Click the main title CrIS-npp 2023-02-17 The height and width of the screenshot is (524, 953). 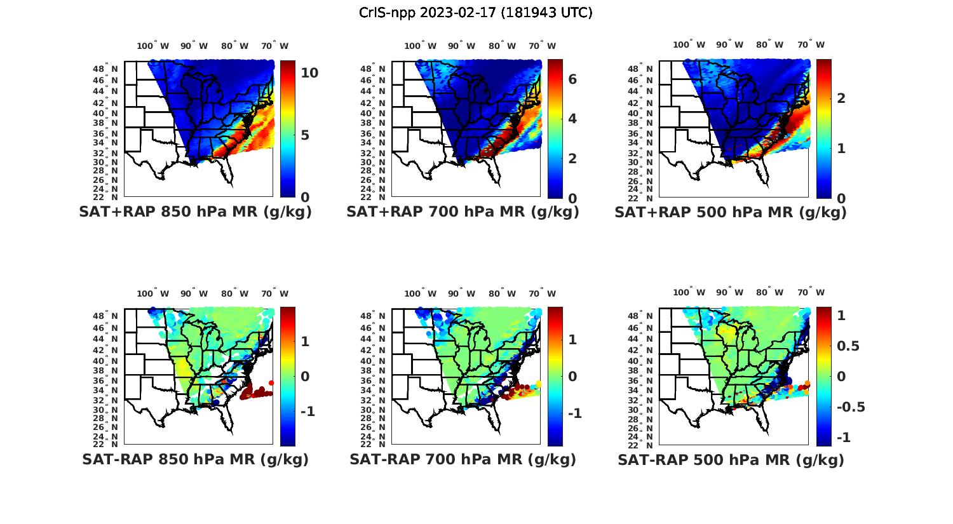tap(475, 13)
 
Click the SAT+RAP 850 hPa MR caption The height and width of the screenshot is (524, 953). tap(195, 212)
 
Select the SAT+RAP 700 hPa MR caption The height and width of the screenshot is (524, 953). tap(463, 212)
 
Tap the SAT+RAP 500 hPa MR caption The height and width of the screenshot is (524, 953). tap(731, 212)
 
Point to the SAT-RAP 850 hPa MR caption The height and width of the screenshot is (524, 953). tap(195, 459)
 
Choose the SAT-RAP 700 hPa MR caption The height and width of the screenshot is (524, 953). tap(463, 459)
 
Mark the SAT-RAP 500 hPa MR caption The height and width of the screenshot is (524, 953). tap(731, 460)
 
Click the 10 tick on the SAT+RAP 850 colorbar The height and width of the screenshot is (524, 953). tap(309, 73)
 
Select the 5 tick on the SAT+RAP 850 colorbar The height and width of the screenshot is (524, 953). tap(305, 135)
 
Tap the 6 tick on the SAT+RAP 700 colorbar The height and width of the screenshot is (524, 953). tap(572, 79)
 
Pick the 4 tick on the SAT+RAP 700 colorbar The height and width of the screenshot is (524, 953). tap(572, 119)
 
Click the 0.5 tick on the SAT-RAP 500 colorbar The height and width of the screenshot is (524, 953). tap(848, 346)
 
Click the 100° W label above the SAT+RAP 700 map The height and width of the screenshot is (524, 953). tap(420, 46)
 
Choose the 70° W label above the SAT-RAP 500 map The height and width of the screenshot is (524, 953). tap(811, 292)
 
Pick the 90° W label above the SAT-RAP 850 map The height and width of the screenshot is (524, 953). tap(194, 293)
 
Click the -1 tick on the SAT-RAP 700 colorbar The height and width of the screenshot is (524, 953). tap(574, 413)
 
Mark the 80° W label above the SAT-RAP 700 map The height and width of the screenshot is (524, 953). tap(501, 293)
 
